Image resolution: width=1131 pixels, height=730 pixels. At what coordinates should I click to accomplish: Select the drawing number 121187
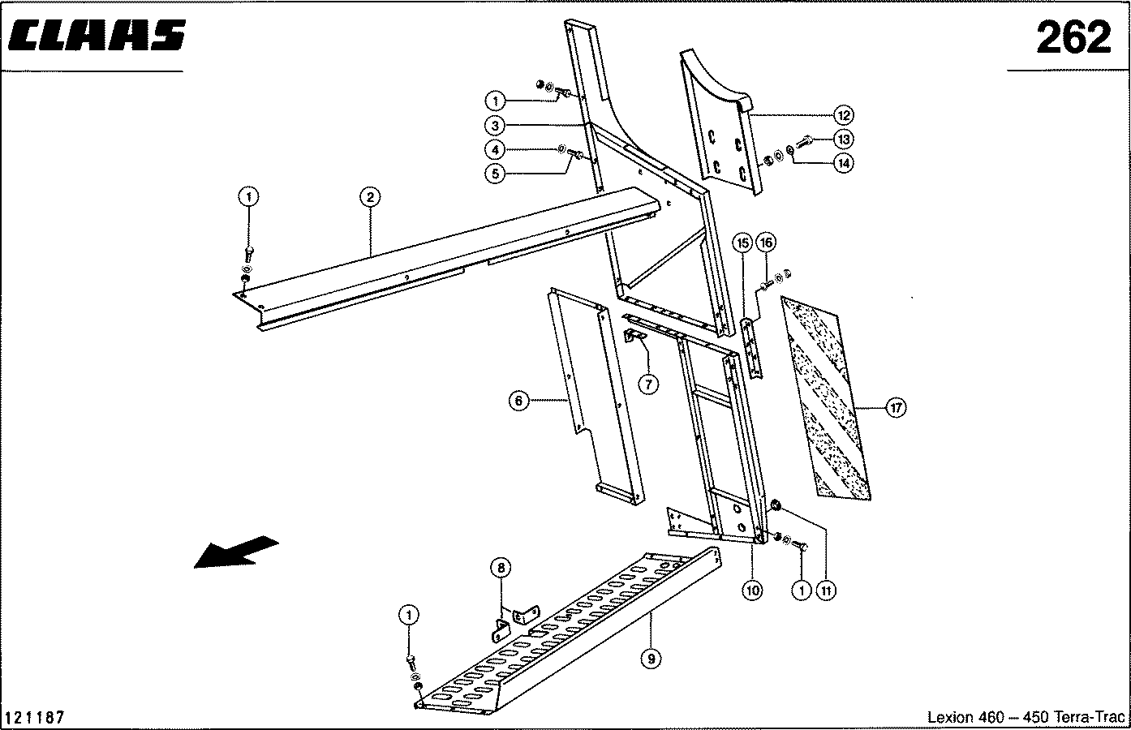point(35,718)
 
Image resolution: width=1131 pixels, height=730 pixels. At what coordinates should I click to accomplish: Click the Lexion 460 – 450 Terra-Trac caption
point(1026,718)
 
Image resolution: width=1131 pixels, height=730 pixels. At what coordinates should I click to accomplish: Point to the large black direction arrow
point(235,552)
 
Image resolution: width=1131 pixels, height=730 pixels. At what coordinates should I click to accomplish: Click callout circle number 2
point(369,197)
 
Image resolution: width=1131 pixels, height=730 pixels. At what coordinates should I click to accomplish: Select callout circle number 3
point(496,126)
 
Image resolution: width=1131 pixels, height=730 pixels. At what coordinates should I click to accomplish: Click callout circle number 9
point(651,659)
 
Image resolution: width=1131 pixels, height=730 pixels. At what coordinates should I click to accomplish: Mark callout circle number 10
point(752,591)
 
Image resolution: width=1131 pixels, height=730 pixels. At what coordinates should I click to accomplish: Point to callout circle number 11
point(826,591)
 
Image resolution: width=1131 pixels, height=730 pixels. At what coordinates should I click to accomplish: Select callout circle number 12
point(844,114)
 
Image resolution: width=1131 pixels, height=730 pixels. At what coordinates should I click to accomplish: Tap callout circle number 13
point(844,139)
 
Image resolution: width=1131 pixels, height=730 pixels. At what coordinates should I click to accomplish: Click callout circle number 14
point(844,163)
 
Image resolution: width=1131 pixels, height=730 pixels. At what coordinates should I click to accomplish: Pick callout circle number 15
point(742,242)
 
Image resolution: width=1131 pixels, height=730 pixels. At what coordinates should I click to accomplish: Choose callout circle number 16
point(766,242)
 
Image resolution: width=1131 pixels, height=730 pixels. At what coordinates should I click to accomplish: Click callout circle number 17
point(895,408)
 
